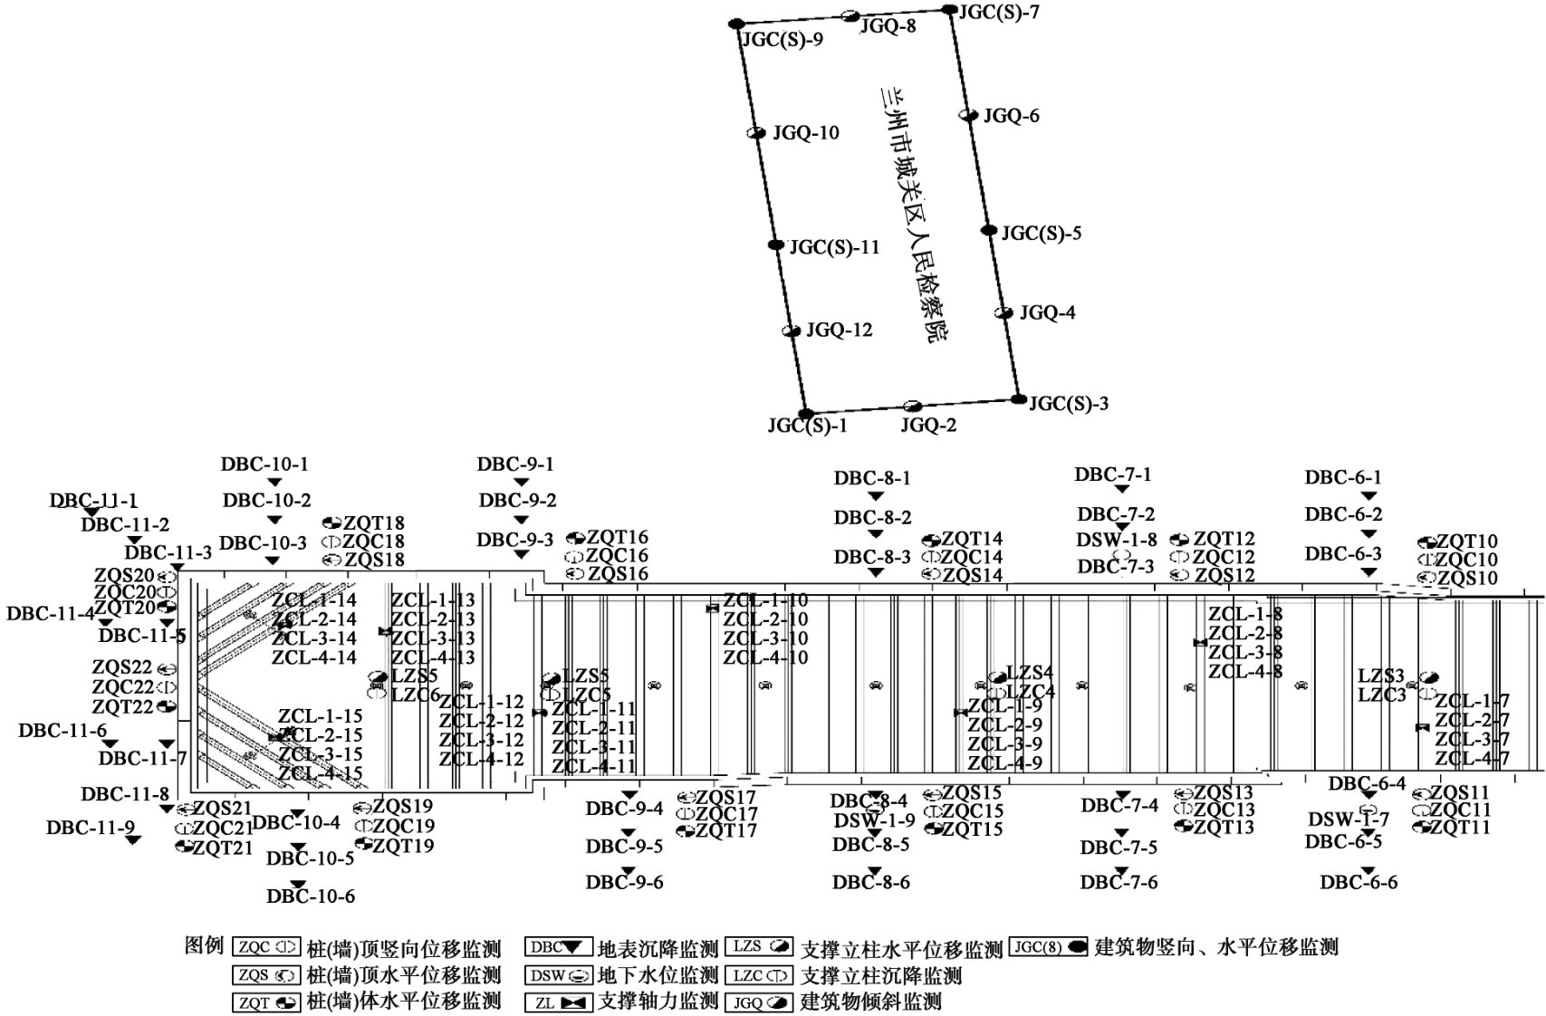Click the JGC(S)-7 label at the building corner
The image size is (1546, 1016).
[x=999, y=13]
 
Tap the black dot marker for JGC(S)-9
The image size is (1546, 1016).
[x=737, y=24]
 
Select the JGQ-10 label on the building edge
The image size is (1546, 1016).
[x=805, y=133]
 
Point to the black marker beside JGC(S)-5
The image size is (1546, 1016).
[x=989, y=230]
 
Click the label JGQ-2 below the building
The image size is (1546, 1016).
[x=928, y=425]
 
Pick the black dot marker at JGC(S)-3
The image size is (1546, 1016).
[x=1019, y=399]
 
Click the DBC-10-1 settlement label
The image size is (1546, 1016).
[x=264, y=465]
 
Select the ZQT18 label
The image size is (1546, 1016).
[x=374, y=523]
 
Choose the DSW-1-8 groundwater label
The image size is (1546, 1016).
[x=1117, y=540]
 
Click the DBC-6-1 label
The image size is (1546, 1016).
[x=1343, y=477]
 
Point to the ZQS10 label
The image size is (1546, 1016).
[x=1467, y=578]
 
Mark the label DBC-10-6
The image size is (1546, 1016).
[x=311, y=896]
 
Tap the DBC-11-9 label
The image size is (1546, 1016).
[x=91, y=827]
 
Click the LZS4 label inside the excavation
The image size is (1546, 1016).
[x=1030, y=673]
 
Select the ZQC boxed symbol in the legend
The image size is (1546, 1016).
[x=265, y=947]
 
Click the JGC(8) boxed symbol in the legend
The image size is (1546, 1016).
[x=1048, y=946]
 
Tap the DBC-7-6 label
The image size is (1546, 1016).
[x=1119, y=882]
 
